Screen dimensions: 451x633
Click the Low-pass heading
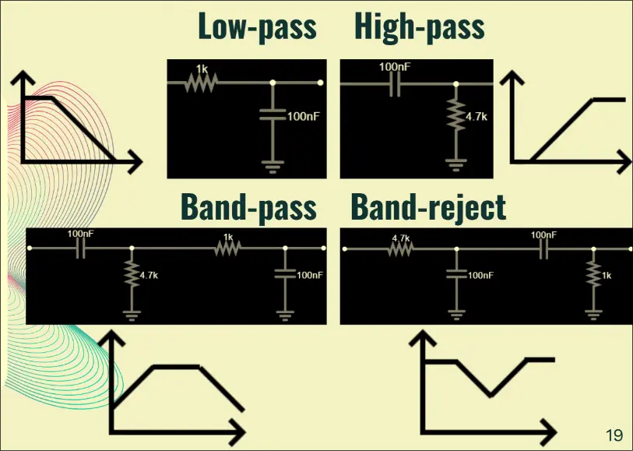tap(257, 26)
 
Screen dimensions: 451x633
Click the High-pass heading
tap(420, 26)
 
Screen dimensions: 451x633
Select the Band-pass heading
tap(248, 207)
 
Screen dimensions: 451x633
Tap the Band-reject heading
tap(428, 207)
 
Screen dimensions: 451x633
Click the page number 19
tap(614, 435)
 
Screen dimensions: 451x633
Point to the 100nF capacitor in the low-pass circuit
tap(273, 115)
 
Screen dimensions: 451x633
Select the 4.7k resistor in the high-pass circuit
tap(455, 116)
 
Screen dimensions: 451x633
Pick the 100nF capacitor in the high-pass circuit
tap(396, 83)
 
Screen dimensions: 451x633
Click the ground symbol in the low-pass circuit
tap(273, 164)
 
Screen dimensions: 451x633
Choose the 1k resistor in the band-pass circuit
tap(227, 248)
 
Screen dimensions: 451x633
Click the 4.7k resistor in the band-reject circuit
tap(401, 248)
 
